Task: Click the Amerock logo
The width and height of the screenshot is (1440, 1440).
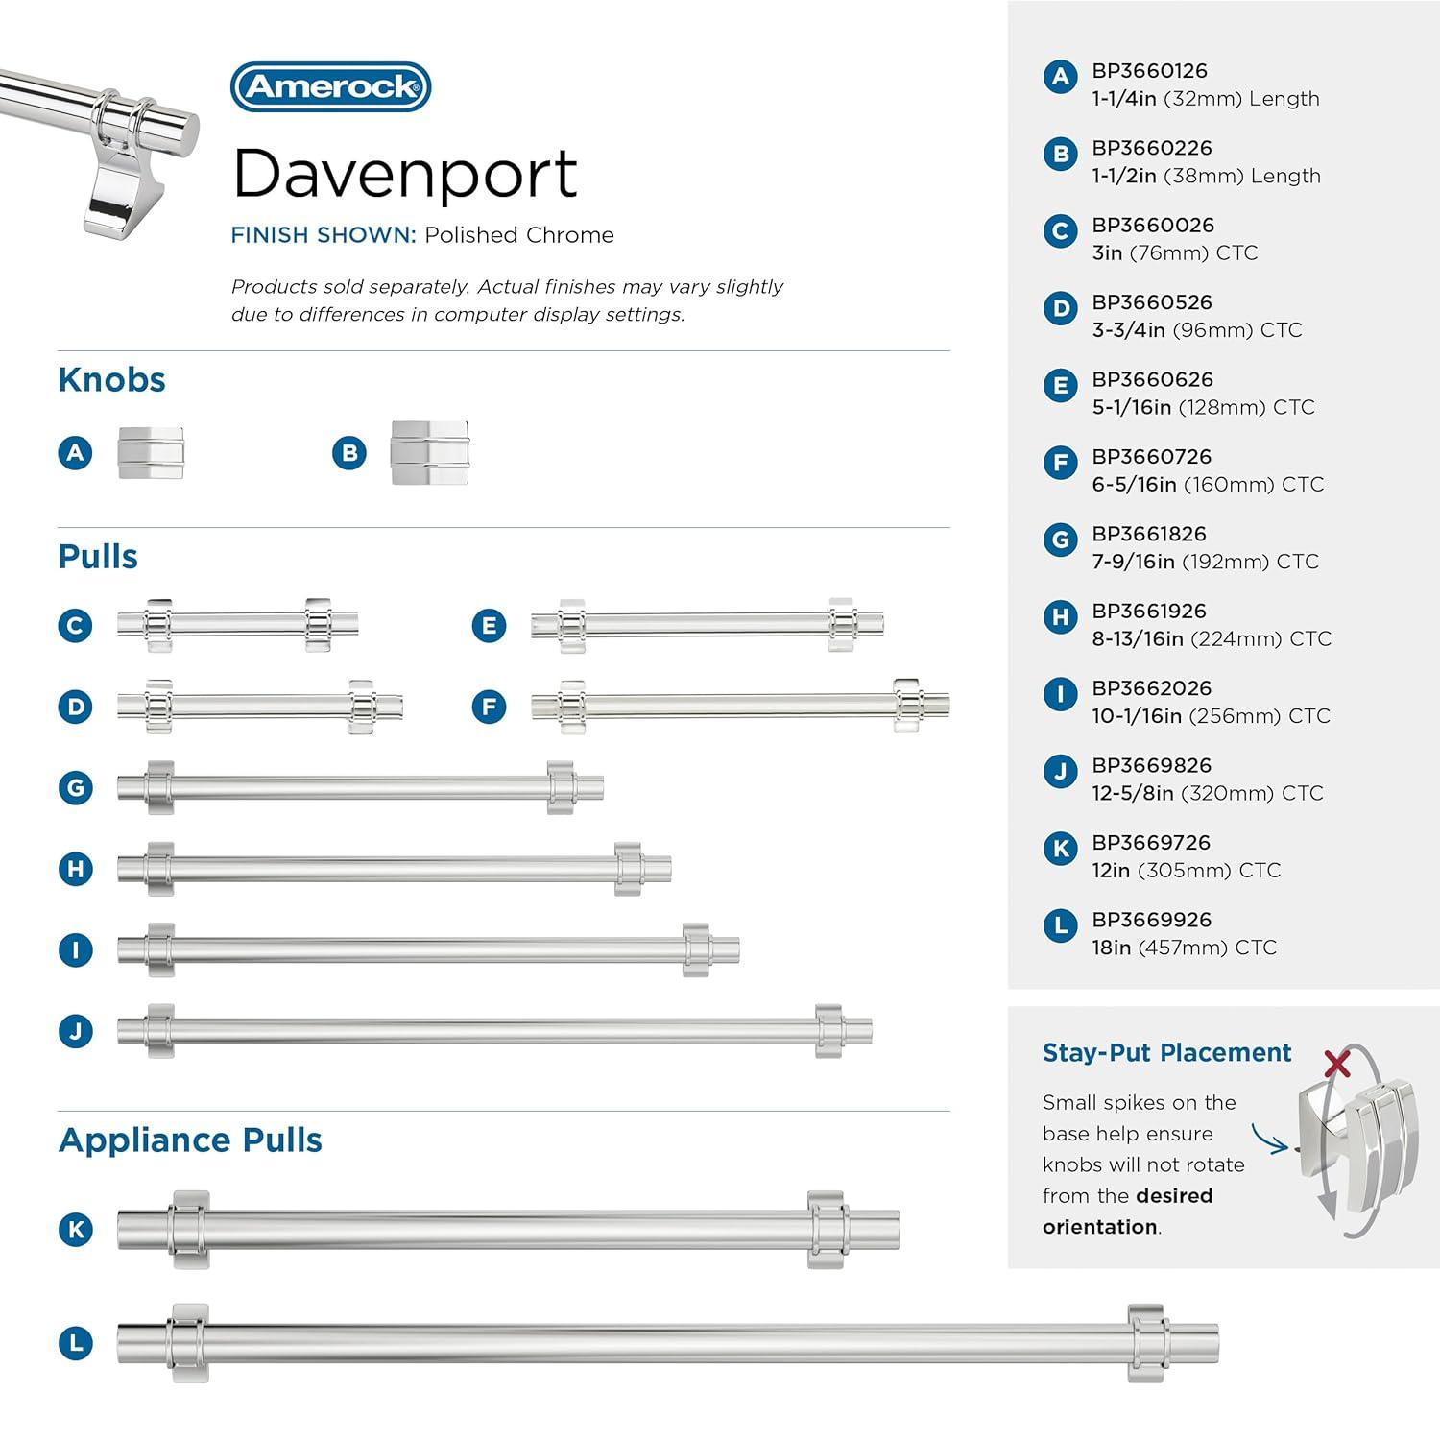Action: tap(331, 87)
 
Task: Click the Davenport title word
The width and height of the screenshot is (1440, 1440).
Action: tap(404, 174)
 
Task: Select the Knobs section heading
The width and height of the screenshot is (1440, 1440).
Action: tap(111, 380)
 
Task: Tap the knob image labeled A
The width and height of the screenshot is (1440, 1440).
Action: tap(151, 453)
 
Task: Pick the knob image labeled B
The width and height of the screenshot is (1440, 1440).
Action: tap(429, 453)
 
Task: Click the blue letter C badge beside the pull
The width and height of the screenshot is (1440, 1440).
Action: tap(76, 626)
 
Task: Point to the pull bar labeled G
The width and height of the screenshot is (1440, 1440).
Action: tap(360, 788)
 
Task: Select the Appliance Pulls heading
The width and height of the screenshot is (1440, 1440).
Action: tap(190, 1140)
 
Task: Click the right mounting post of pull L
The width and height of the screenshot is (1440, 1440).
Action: tap(1146, 1342)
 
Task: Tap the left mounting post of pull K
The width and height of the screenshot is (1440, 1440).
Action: tap(189, 1230)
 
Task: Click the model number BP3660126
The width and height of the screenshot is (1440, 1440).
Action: tap(1149, 71)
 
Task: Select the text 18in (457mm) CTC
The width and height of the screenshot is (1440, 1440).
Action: tap(1184, 948)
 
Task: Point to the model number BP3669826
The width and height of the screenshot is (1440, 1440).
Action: tap(1151, 766)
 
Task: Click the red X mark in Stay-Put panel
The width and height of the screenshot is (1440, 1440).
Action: tap(1336, 1064)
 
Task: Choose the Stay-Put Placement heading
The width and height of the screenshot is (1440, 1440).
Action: tap(1166, 1053)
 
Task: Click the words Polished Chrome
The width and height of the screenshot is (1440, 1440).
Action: tap(518, 235)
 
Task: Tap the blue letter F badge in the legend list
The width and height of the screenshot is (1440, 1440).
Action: tap(1060, 463)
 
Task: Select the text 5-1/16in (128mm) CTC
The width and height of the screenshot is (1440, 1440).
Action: tap(1203, 407)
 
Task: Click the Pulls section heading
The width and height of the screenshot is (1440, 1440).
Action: tap(98, 557)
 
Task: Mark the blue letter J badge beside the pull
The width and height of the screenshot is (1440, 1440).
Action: tap(76, 1031)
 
